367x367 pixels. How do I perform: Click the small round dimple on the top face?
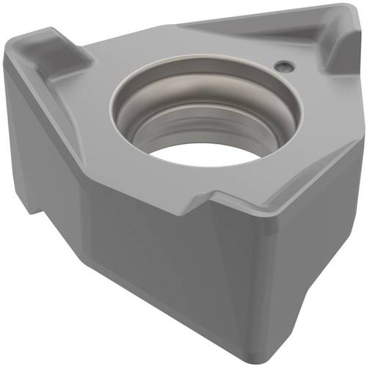click(284, 66)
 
